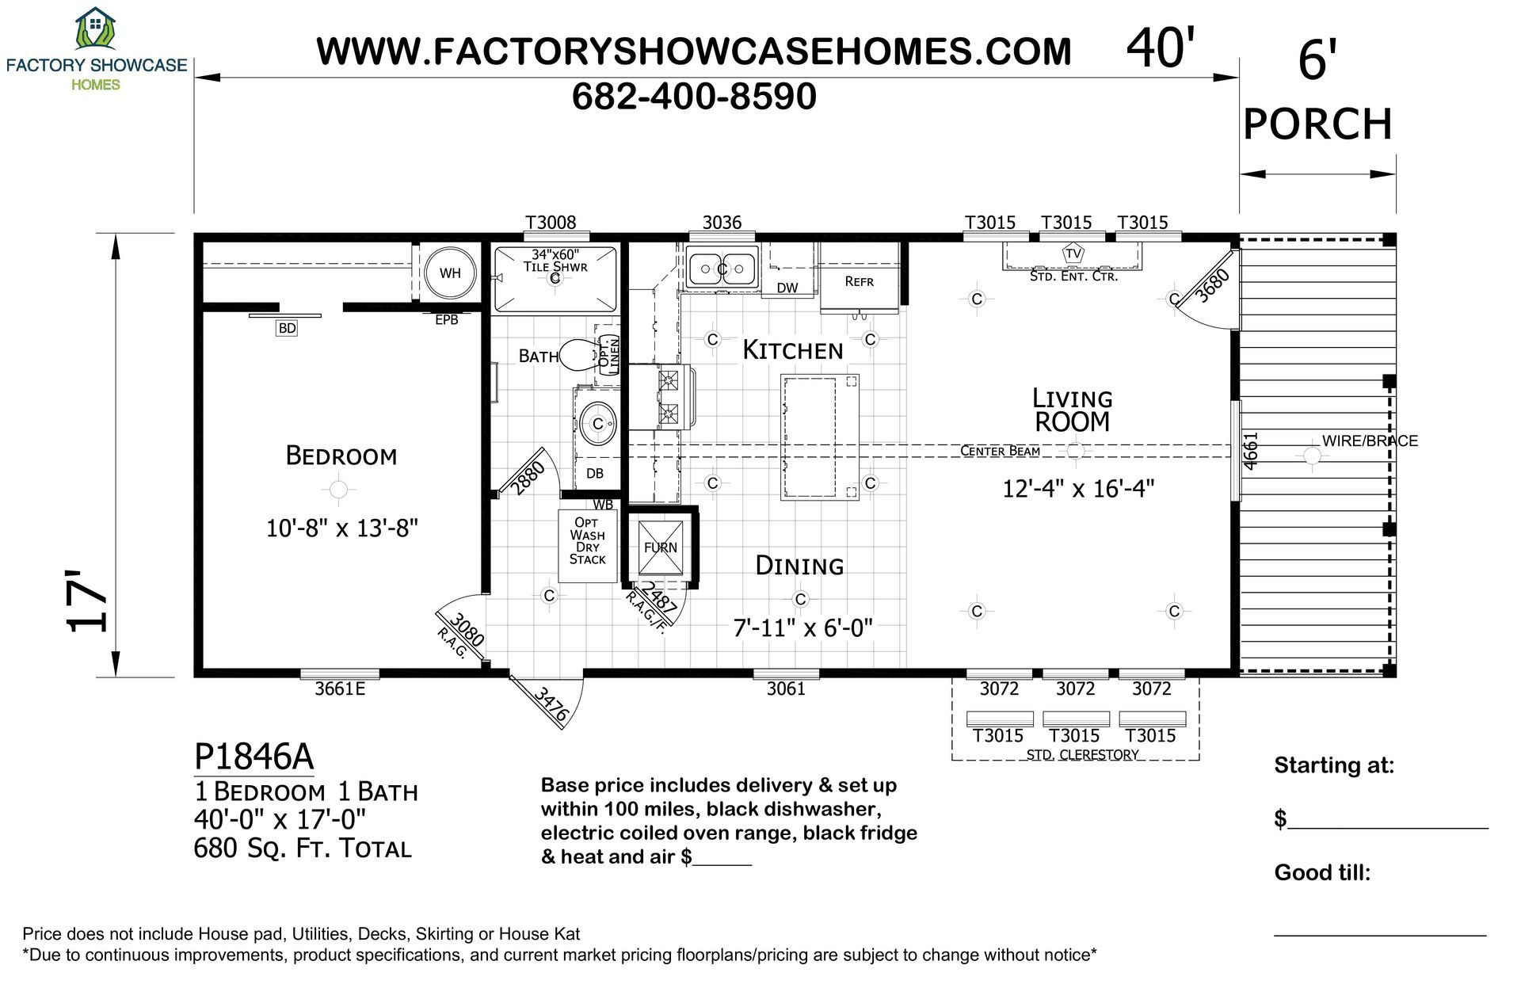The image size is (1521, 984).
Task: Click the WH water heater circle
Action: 450,273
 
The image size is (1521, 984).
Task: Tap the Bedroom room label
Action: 341,456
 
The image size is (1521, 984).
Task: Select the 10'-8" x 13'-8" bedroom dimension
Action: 341,528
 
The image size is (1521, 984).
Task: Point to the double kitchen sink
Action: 722,269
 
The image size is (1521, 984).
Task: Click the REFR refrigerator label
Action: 859,281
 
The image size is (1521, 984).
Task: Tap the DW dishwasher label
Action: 787,288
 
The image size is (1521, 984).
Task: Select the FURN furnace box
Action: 660,547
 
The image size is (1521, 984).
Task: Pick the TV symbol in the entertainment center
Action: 1073,254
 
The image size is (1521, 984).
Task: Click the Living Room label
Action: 1073,410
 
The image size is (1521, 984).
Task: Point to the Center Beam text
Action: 1000,451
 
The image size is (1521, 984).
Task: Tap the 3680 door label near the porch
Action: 1213,285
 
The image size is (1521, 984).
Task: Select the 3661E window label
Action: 340,688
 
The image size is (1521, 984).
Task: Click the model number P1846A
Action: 254,757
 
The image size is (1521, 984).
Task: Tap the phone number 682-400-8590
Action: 694,97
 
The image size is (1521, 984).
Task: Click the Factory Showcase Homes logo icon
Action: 95,29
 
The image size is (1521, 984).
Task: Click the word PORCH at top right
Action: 1317,124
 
